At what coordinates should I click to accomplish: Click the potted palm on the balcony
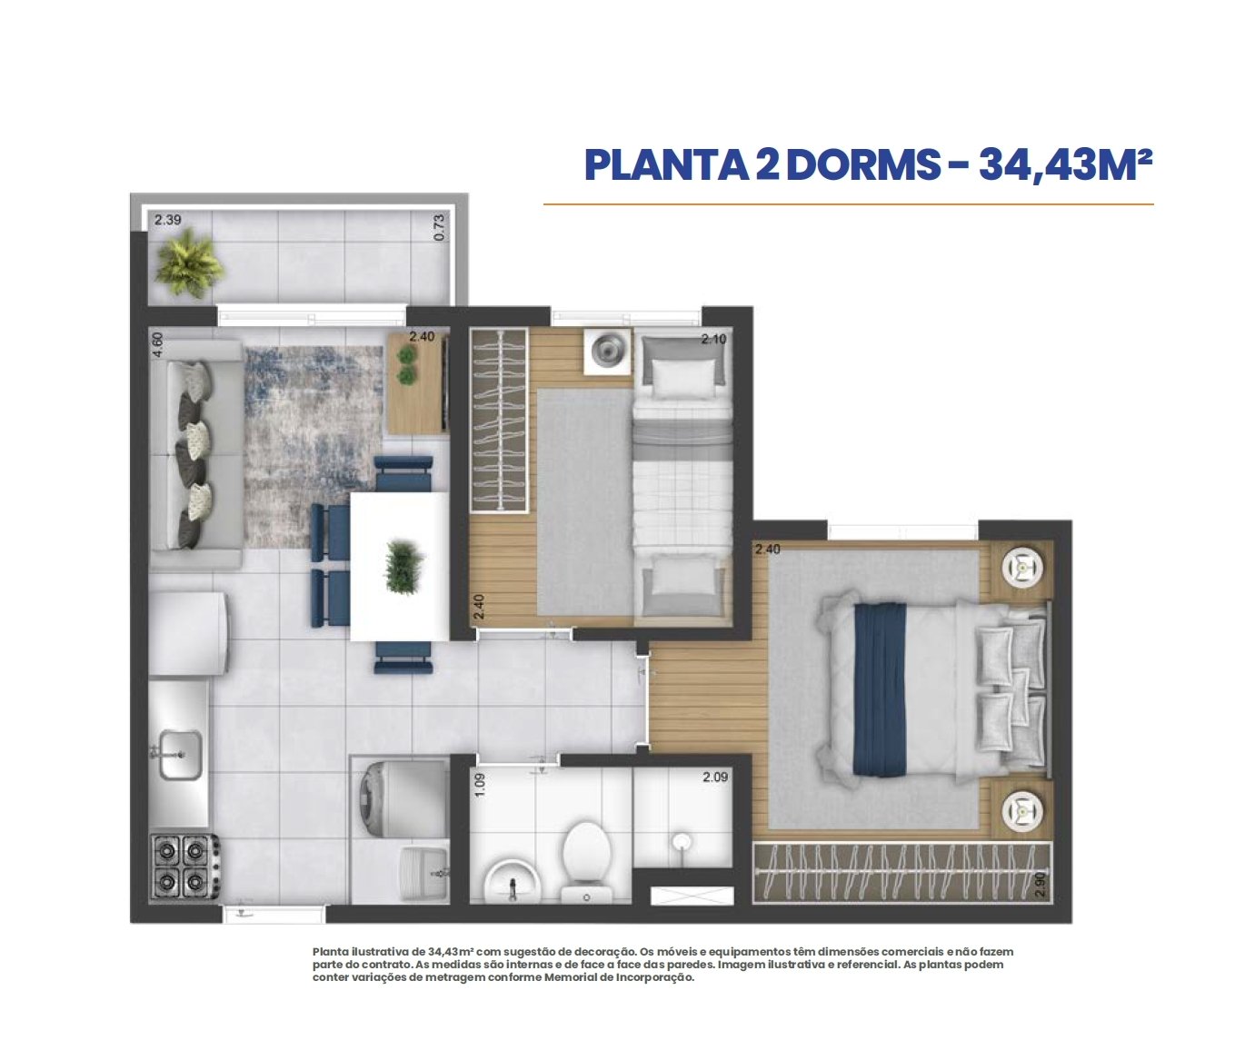click(x=189, y=263)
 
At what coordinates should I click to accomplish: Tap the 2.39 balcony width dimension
click(x=168, y=220)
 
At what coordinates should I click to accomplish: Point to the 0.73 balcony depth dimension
click(x=439, y=228)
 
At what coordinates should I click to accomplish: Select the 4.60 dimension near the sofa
click(x=157, y=344)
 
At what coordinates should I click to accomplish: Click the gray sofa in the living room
click(x=196, y=453)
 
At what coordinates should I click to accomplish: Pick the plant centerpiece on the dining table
click(x=403, y=567)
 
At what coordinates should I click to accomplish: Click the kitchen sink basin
click(x=178, y=754)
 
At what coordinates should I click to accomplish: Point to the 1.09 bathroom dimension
click(x=480, y=785)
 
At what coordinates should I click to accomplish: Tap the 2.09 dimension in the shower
click(x=714, y=777)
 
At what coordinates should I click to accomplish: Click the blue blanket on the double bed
click(x=880, y=689)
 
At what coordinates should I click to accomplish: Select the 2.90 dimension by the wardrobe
click(x=1041, y=885)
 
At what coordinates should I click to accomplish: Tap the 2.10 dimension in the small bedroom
click(x=713, y=339)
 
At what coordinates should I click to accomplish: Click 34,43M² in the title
click(x=1065, y=164)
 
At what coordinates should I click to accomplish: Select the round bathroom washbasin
click(x=513, y=882)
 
